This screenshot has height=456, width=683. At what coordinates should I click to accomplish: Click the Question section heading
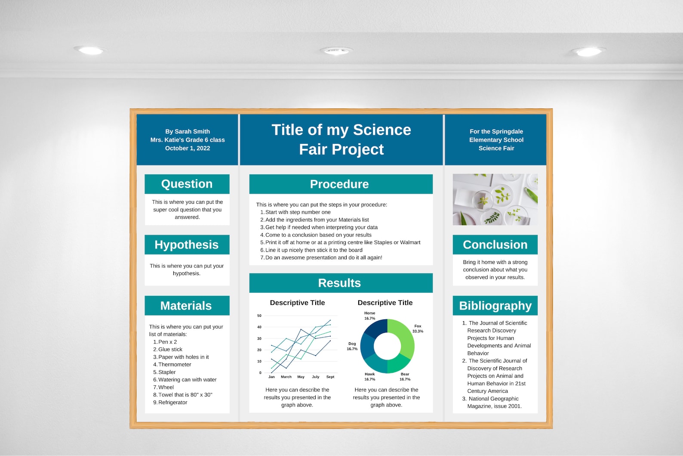click(187, 184)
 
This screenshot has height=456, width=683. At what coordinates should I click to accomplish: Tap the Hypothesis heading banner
click(187, 245)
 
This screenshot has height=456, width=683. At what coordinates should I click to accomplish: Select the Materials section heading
click(186, 306)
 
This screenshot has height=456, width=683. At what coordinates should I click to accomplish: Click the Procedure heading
click(340, 184)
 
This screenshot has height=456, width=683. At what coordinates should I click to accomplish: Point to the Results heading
click(340, 283)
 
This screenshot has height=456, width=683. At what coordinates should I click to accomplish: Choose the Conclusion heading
click(495, 245)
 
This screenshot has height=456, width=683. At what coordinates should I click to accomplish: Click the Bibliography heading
click(495, 306)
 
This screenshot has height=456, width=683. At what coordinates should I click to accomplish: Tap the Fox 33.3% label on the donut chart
click(418, 329)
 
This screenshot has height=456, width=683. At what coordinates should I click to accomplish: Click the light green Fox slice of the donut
click(404, 338)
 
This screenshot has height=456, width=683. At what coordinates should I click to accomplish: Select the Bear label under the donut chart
click(405, 374)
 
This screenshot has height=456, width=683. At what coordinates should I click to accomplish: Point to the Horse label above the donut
click(369, 313)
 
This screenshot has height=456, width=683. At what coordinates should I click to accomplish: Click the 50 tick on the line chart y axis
click(259, 316)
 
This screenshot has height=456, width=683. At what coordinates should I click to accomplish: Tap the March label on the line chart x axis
click(286, 377)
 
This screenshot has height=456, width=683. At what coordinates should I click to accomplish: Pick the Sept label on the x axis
click(330, 377)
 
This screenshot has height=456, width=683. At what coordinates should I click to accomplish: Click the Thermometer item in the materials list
click(175, 365)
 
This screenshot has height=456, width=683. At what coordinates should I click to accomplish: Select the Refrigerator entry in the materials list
click(173, 403)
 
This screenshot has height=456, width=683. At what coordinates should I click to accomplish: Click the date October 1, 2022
click(188, 148)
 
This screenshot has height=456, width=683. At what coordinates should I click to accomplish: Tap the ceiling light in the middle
click(336, 51)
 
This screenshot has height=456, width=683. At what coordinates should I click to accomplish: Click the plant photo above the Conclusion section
click(495, 199)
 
